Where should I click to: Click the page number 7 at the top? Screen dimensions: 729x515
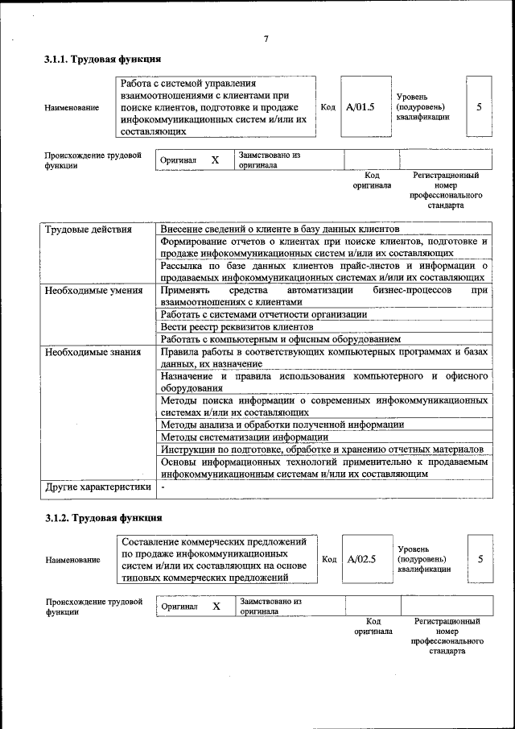pyautogui.click(x=266, y=39)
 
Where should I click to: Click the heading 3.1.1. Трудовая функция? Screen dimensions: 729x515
pyautogui.click(x=103, y=60)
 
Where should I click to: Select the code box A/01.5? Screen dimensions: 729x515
pyautogui.click(x=360, y=106)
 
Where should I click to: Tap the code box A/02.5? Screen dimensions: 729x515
pyautogui.click(x=361, y=559)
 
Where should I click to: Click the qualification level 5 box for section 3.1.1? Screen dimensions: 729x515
pyautogui.click(x=479, y=106)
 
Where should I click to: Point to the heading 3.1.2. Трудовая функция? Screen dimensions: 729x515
pyautogui.click(x=103, y=518)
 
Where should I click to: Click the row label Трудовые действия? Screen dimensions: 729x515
pyautogui.click(x=89, y=230)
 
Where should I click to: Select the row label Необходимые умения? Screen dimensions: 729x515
pyautogui.click(x=94, y=290)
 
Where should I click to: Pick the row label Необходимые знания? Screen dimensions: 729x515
pyautogui.click(x=93, y=351)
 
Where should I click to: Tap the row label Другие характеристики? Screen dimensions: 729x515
pyautogui.click(x=98, y=487)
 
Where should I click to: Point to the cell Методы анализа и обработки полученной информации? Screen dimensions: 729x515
pyautogui.click(x=282, y=424)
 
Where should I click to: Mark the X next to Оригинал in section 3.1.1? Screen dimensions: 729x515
pyautogui.click(x=215, y=160)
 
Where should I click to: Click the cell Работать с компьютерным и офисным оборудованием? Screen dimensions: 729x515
pyautogui.click(x=280, y=339)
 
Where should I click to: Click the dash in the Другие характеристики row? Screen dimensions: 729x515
pyautogui.click(x=163, y=487)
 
